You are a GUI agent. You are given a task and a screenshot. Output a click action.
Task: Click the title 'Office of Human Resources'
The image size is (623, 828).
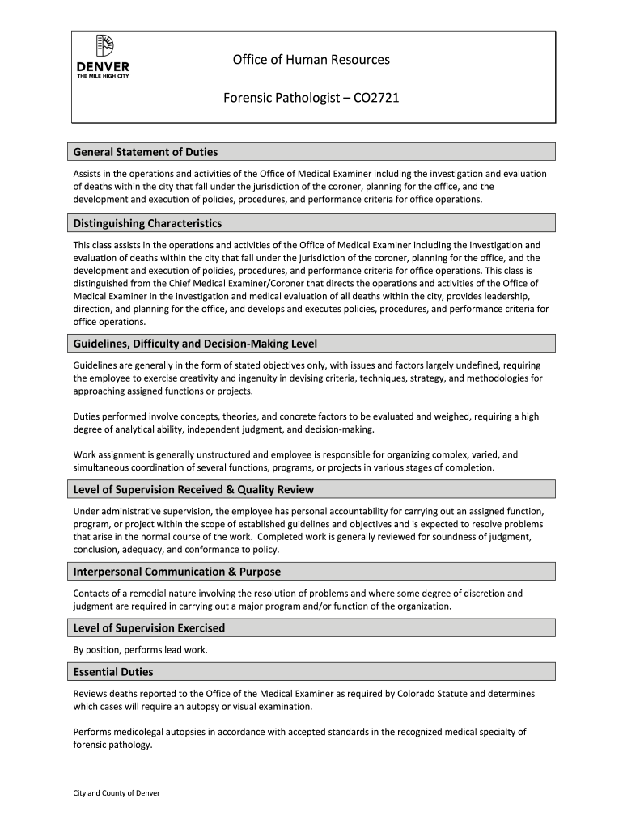[311, 60]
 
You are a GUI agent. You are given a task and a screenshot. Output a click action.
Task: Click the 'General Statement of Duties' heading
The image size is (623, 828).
[146, 152]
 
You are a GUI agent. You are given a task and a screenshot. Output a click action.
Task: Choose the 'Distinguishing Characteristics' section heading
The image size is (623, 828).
[147, 223]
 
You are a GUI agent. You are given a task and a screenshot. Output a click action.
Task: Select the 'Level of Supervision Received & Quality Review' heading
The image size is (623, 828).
[193, 489]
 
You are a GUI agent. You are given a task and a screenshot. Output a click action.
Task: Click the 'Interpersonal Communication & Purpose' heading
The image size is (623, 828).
[177, 572]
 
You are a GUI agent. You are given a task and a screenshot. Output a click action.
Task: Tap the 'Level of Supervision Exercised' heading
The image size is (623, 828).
[149, 628]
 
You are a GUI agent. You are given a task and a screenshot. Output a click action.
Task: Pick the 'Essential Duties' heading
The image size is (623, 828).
[113, 672]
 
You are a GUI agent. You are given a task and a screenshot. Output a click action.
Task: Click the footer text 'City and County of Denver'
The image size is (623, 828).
[117, 793]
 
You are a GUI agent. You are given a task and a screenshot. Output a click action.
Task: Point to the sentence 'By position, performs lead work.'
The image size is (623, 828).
[141, 650]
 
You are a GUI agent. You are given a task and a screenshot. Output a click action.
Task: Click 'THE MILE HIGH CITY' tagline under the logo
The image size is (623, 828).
[102, 76]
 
